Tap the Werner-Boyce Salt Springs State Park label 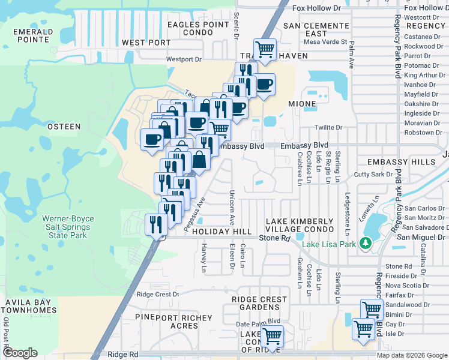[x=66, y=227]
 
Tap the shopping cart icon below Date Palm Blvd [x=273, y=336]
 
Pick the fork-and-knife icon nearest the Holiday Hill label [x=156, y=226]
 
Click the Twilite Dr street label [x=329, y=128]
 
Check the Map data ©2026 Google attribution [x=412, y=355]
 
